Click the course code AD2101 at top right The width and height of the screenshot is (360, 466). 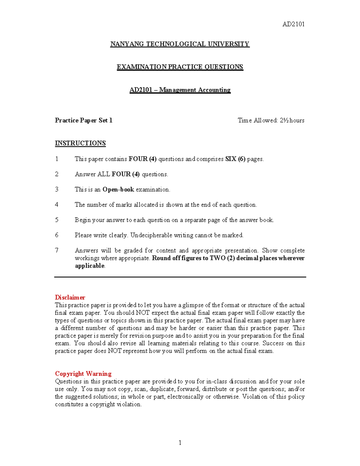pos(293,24)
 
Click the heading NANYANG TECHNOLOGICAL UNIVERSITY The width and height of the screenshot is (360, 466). pos(180,44)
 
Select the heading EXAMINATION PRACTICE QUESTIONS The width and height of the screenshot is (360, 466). pos(180,67)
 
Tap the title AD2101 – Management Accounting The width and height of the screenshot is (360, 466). pos(180,90)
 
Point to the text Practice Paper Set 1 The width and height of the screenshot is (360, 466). pos(83,120)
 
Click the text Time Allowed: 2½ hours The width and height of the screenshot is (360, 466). pos(271,120)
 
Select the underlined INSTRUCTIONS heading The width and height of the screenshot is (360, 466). pos(80,143)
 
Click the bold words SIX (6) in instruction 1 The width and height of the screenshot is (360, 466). pos(235,159)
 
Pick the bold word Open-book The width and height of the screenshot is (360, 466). pos(118,190)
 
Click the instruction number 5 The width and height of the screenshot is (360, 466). pos(57,220)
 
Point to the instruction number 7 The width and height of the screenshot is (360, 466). pos(57,251)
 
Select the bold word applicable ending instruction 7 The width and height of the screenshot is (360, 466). pos(90,266)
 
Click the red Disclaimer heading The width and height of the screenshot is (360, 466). pos(70,297)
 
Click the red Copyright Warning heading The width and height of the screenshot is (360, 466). pos(83,374)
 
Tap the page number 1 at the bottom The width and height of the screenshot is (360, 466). pos(180,443)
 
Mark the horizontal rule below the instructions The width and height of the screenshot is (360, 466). pos(180,277)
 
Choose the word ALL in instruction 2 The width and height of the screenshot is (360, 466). pos(104,174)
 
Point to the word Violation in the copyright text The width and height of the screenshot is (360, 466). pos(255,397)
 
